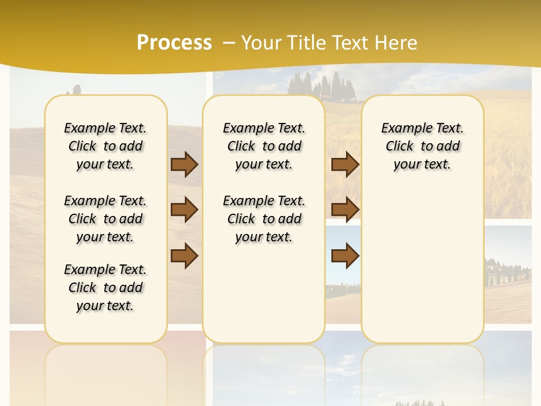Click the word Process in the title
(174, 42)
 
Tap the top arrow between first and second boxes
(184, 164)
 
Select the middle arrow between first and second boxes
(184, 210)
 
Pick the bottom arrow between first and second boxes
(184, 256)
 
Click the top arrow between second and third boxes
(345, 164)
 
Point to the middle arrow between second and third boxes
(345, 210)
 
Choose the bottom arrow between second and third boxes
(345, 256)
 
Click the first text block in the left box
(105, 146)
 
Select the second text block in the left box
(105, 219)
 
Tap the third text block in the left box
(105, 288)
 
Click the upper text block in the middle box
(264, 146)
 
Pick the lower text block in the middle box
(264, 219)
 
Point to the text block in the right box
(422, 146)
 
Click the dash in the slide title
(229, 42)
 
